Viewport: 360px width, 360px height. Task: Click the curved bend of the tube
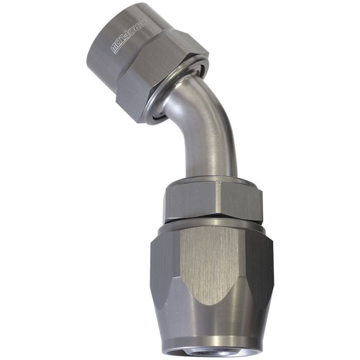pyautogui.click(x=193, y=108)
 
